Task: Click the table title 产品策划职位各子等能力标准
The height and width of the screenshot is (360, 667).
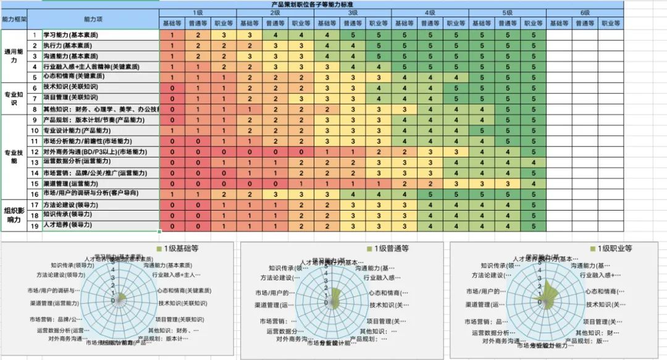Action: coord(333,4)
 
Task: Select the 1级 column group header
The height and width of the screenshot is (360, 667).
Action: coord(198,12)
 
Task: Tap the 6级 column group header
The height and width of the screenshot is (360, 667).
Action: coord(584,12)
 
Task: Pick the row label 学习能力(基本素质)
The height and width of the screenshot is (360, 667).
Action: coord(70,35)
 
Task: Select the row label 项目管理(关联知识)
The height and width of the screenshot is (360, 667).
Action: coord(70,98)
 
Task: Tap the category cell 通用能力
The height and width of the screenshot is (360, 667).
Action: coord(15,56)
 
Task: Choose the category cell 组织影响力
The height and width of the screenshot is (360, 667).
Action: coord(15,215)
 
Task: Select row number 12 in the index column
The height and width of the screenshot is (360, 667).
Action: coord(35,151)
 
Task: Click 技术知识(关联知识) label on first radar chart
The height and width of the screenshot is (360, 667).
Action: coord(183,304)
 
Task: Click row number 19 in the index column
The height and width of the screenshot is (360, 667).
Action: coord(35,225)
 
